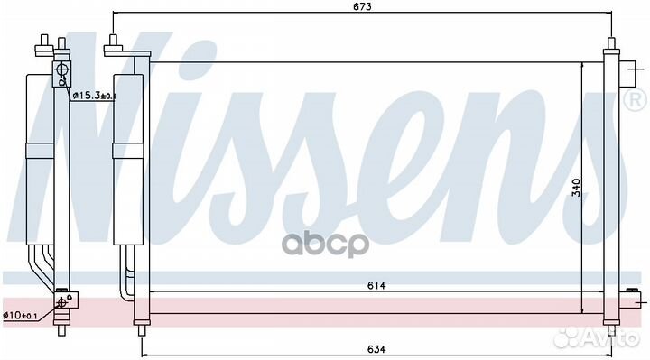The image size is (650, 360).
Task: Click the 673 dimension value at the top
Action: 362,6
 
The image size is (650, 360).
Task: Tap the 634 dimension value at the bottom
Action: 376,349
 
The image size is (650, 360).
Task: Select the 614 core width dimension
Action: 376,285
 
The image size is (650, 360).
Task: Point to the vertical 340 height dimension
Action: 576,188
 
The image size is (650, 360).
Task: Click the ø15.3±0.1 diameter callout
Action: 94,97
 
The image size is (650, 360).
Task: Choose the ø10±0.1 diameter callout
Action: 20,316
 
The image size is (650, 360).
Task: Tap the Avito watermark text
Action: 597,337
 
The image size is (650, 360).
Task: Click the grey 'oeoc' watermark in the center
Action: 325,243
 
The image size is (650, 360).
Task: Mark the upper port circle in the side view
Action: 61,69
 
